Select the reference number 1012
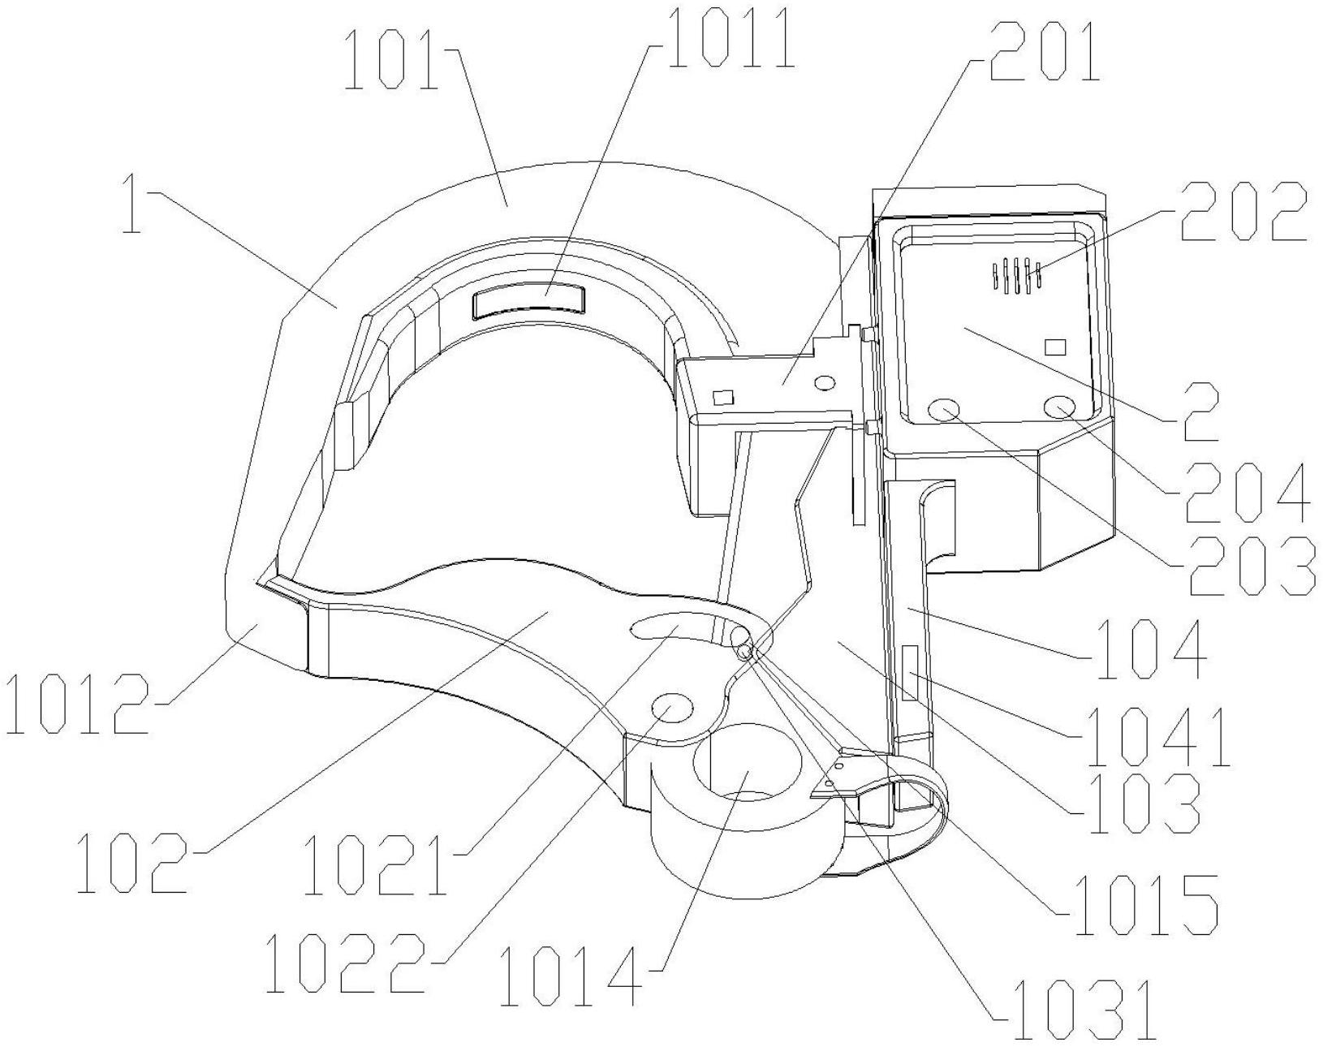pos(77,703)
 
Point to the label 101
pos(393,59)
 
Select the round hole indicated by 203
pos(946,409)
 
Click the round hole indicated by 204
pos(1058,407)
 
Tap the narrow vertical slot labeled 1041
pos(909,674)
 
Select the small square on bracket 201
pos(722,396)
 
